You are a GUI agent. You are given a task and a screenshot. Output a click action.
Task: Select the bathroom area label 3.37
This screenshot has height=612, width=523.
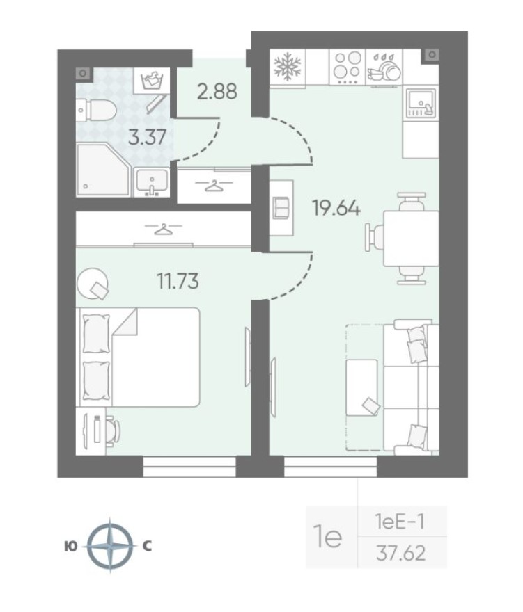pyautogui.click(x=148, y=136)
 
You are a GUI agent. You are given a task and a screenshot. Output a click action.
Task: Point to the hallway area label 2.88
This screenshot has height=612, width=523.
pyautogui.click(x=217, y=91)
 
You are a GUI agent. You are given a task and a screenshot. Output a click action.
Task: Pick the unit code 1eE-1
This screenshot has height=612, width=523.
pyautogui.click(x=400, y=520)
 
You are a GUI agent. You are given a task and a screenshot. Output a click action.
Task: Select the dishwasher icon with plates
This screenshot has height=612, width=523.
pyautogui.click(x=383, y=67)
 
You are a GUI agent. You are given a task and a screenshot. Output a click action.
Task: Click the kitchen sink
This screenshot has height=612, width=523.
pyautogui.click(x=420, y=104)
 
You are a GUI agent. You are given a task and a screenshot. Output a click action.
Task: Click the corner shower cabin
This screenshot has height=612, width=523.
pyautogui.click(x=100, y=169)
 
